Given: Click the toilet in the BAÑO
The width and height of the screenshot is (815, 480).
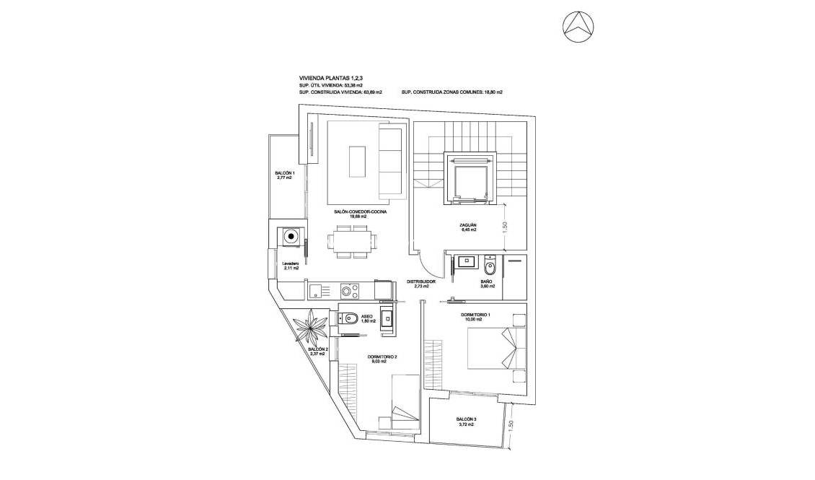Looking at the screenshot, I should tap(490, 267).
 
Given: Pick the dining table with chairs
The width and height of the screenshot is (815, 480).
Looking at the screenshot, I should tap(353, 241).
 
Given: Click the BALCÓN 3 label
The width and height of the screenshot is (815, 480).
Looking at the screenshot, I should tap(465, 422).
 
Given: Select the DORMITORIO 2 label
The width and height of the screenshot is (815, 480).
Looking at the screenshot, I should tap(382, 358).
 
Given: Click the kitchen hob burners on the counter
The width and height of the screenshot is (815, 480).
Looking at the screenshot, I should tap(349, 291).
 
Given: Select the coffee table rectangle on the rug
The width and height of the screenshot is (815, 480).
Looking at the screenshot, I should tap(358, 161).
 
